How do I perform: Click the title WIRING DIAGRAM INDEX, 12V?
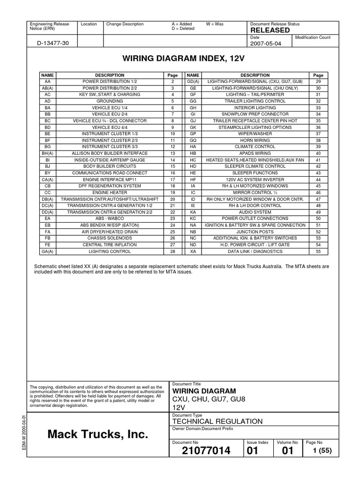point(180,60)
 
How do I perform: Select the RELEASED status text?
point(270,30)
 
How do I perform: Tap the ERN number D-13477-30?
point(52,44)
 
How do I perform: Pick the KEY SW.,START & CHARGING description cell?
point(110,95)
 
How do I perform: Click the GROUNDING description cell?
point(110,101)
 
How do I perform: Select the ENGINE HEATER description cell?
point(110,193)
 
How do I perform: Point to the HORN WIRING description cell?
point(255,140)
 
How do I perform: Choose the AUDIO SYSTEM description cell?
point(255,212)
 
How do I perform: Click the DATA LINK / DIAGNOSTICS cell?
point(255,252)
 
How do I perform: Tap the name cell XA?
point(193,252)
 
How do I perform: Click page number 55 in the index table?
point(318,252)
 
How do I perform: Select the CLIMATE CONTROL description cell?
point(255,147)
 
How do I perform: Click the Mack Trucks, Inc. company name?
point(97,435)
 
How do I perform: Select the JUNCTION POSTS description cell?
point(255,232)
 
